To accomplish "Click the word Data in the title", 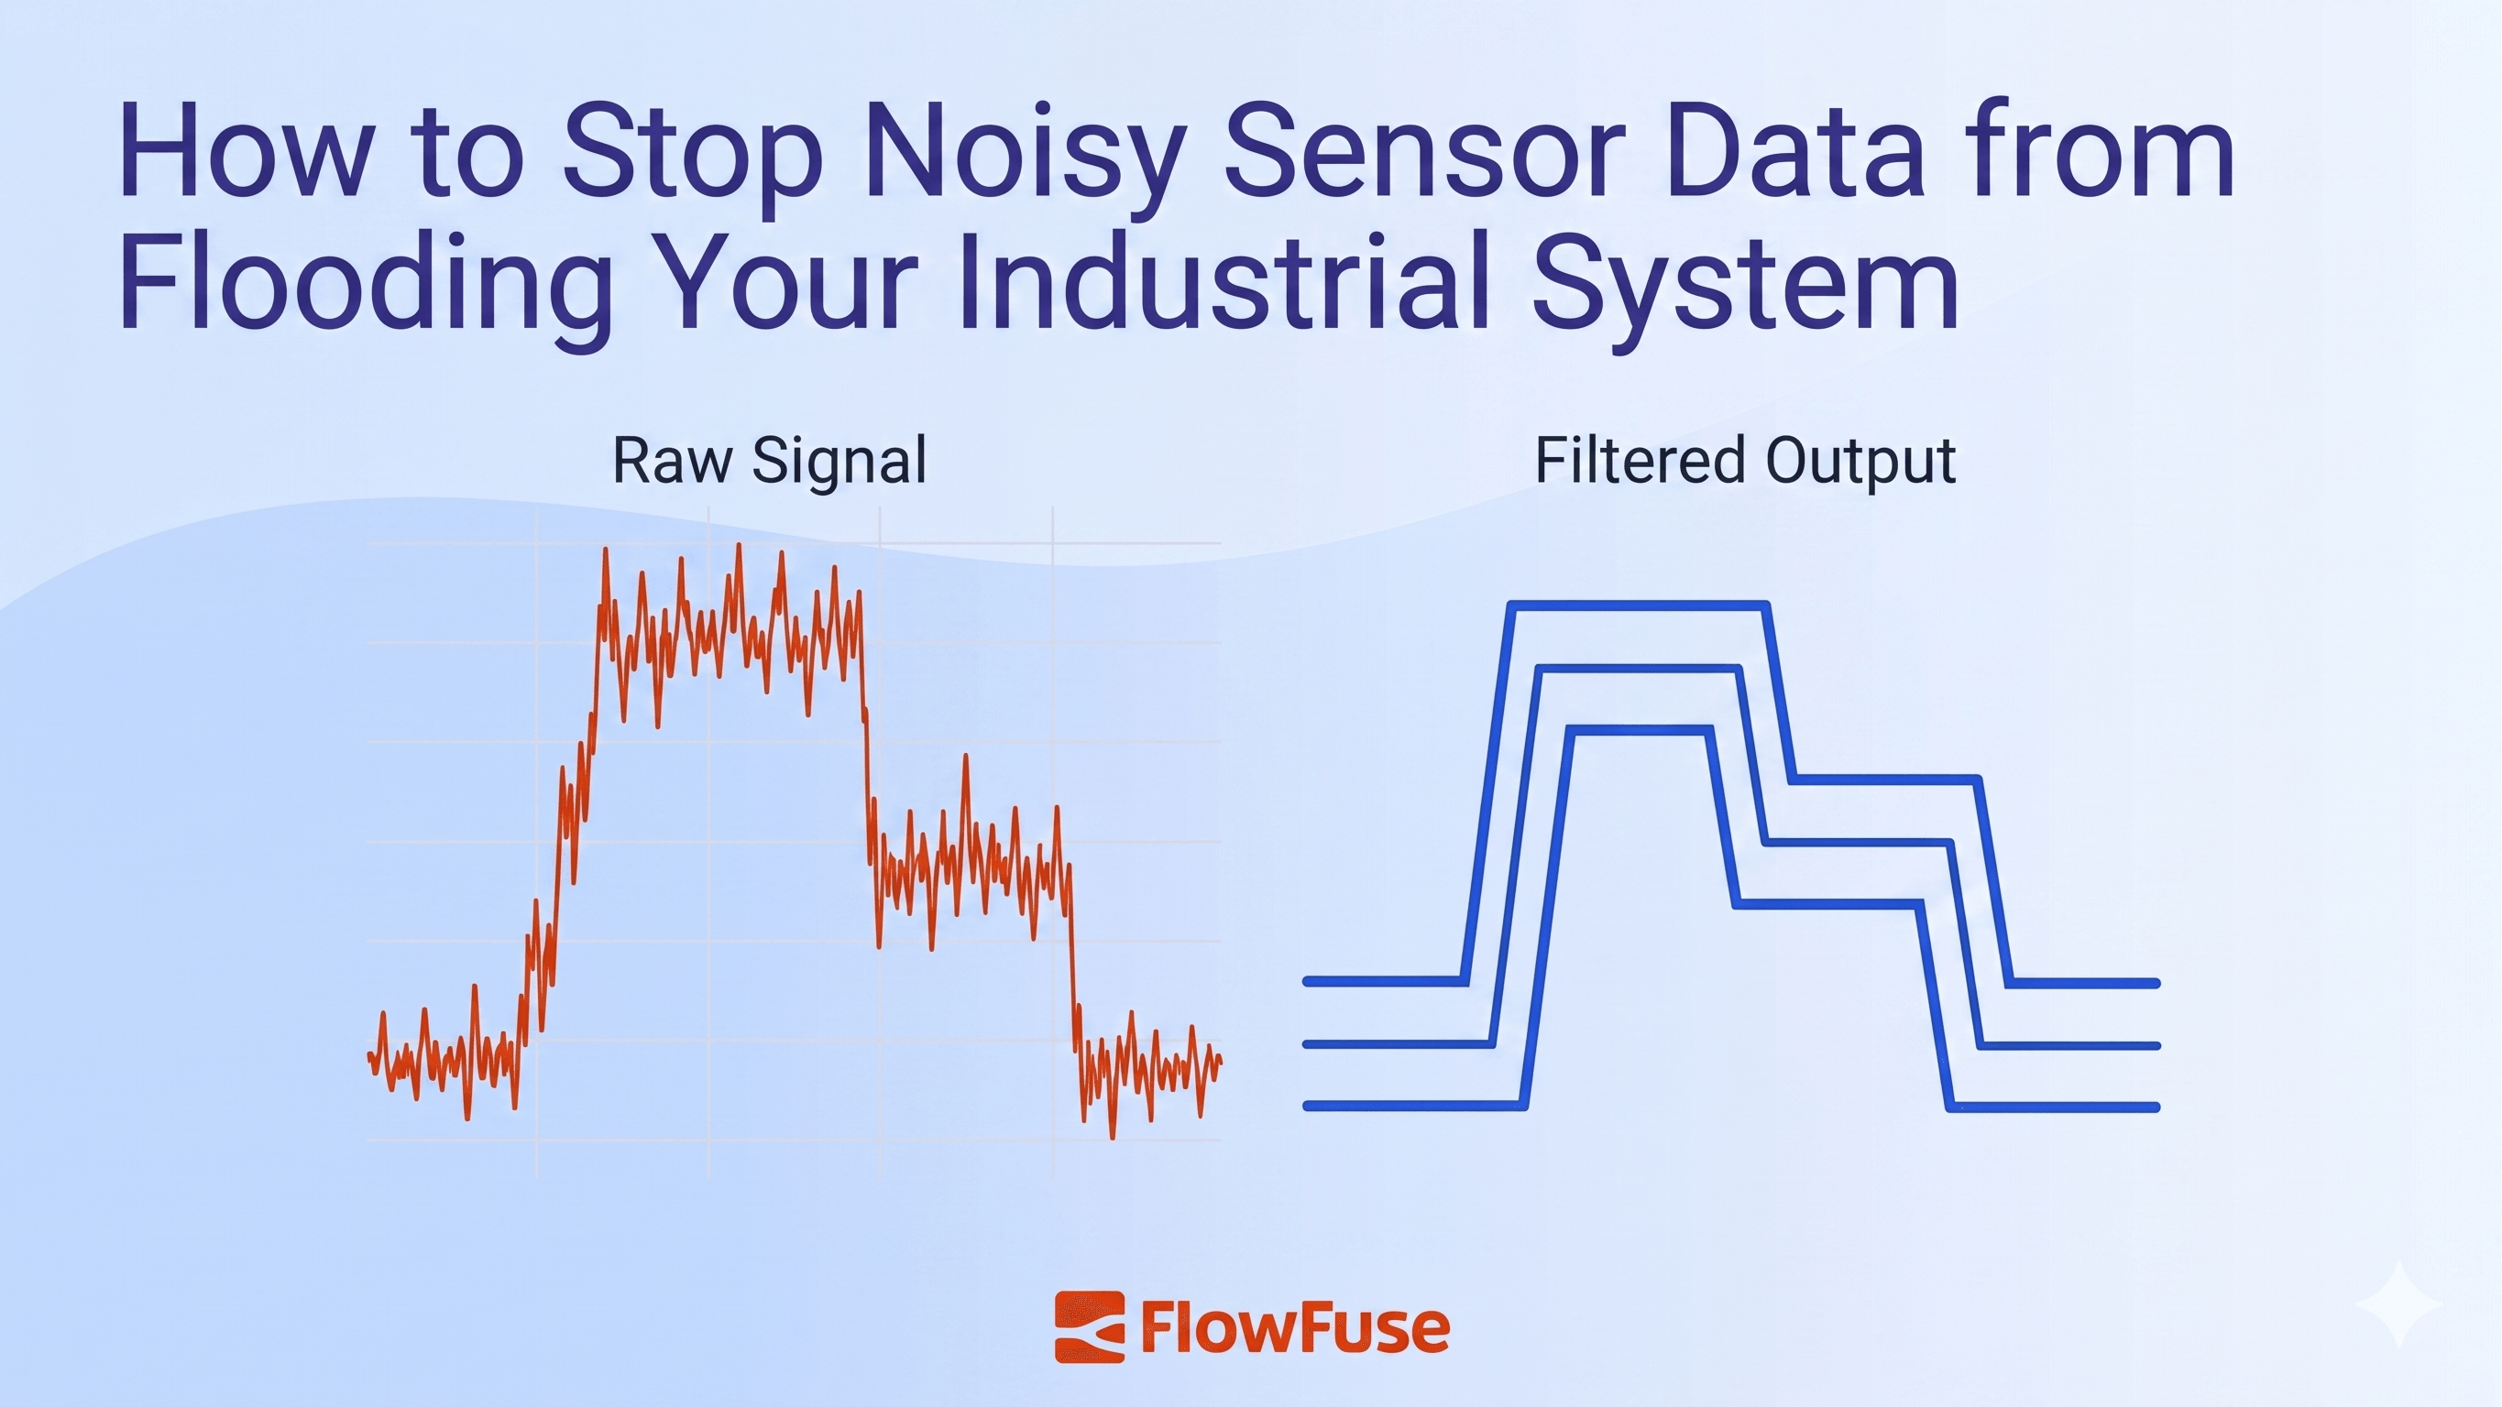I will coord(1793,156).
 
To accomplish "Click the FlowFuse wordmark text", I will coord(1295,1328).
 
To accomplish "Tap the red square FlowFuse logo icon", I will coord(1089,1327).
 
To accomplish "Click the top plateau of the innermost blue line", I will coord(1638,730).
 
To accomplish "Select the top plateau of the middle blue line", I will coord(1638,669).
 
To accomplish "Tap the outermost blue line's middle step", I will coord(1884,780).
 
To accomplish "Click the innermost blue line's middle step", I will coord(1826,905).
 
